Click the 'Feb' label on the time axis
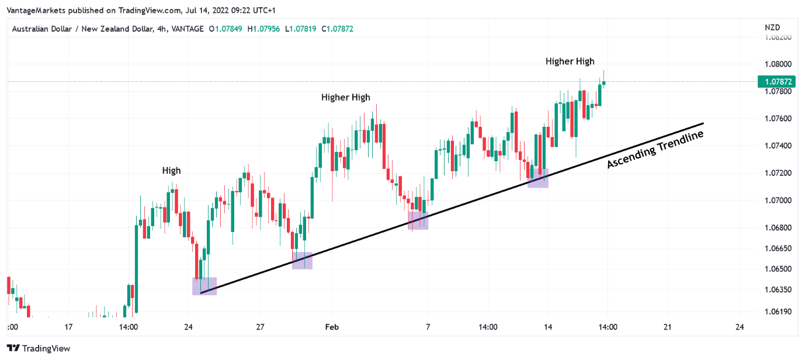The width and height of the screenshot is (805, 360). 332,327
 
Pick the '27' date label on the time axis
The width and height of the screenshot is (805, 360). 260,327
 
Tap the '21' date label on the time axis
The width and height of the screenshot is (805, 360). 667,327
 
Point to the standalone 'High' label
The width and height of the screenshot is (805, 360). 171,171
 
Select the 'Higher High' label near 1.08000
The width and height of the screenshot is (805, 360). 570,61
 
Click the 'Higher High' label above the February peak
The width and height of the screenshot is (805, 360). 345,97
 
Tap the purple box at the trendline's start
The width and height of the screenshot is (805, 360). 204,286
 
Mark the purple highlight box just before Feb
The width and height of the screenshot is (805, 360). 302,260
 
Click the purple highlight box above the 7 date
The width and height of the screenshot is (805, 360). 418,220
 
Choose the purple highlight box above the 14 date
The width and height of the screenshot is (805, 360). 537,178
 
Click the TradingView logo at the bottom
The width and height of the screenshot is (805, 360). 39,348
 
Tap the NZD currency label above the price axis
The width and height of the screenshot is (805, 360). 772,27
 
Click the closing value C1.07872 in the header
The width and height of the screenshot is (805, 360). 337,29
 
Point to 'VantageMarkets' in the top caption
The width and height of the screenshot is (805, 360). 35,9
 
